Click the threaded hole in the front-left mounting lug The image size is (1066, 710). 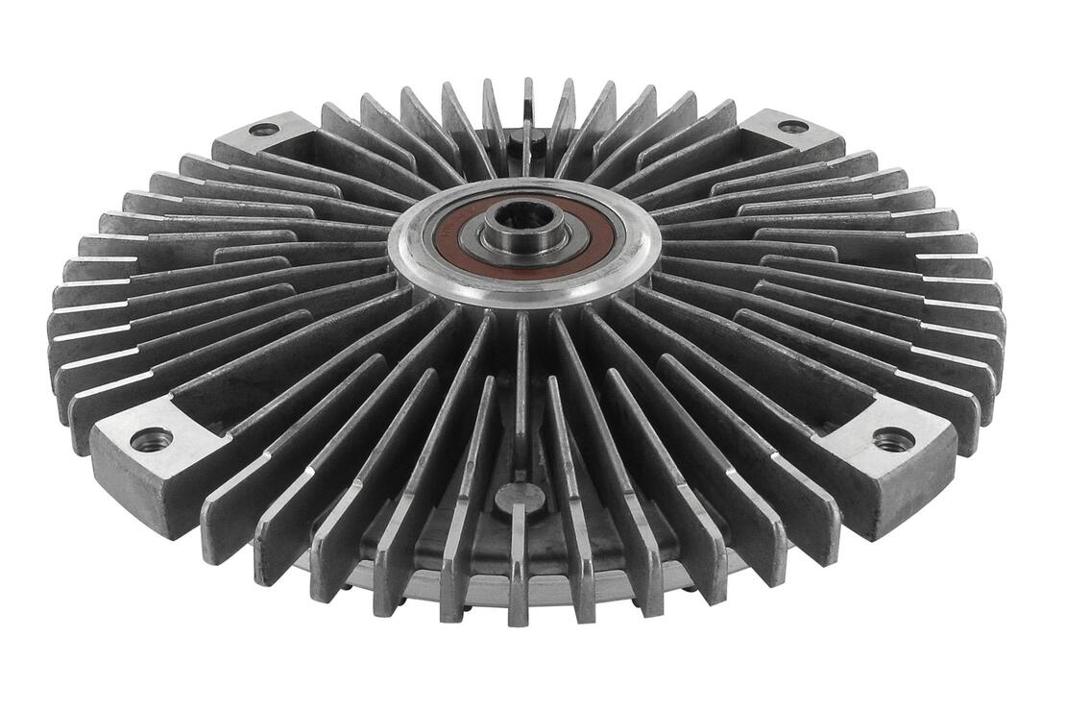[152, 440]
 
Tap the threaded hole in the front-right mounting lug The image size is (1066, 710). [893, 440]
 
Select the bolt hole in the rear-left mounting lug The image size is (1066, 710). [263, 129]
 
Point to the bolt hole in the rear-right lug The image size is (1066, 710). [792, 126]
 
